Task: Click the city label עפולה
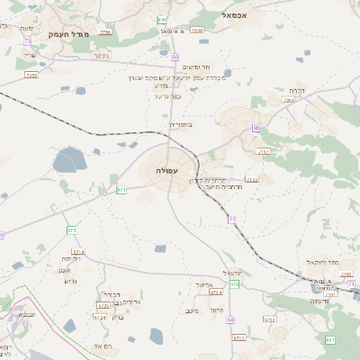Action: click(x=166, y=170)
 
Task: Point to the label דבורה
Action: click(x=297, y=90)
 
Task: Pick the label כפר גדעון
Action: click(x=167, y=94)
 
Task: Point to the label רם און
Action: click(x=102, y=346)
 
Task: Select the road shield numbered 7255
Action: click(x=31, y=76)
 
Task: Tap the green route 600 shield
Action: click(x=162, y=19)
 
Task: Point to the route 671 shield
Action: click(x=121, y=190)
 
